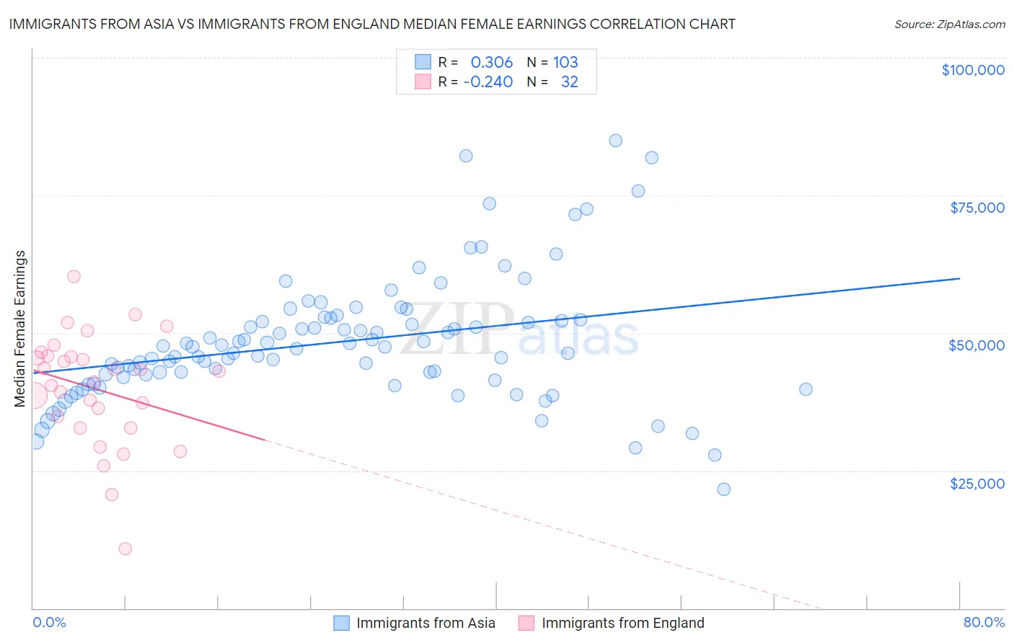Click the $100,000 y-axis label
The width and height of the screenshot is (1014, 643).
point(973,70)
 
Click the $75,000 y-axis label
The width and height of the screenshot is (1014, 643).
point(977,208)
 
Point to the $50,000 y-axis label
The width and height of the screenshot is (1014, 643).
point(976,345)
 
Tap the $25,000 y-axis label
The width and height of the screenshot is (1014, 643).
point(977,483)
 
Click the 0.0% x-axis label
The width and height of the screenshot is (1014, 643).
point(49,622)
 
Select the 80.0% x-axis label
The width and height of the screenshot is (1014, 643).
point(984,622)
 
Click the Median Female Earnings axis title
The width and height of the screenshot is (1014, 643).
point(20,328)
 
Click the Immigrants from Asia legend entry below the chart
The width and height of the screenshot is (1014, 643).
point(426,623)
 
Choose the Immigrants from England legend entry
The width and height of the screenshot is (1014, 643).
point(622,623)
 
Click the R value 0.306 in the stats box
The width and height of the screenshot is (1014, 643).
point(492,62)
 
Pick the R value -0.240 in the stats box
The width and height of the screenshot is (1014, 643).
point(488,81)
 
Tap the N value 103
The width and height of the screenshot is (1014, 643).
point(565,62)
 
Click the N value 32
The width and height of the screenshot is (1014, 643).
point(570,81)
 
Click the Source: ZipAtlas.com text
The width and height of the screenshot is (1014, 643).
point(949,24)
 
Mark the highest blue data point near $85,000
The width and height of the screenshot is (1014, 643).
point(615,141)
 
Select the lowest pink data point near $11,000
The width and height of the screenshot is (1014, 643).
point(125,549)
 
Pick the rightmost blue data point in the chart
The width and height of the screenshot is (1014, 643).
point(806,389)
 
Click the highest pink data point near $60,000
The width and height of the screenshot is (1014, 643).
point(74,276)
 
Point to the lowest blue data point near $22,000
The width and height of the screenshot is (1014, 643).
point(723,489)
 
